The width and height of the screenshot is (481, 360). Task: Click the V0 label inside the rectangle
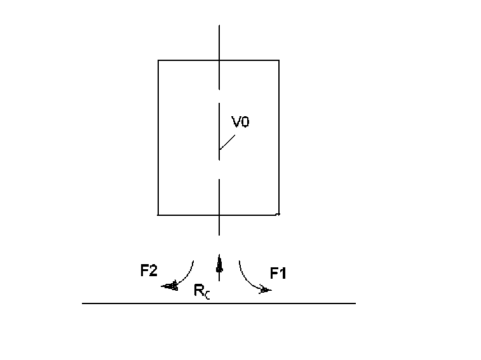240,123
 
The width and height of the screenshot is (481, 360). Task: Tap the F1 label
278,274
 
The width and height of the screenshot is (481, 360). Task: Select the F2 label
149,271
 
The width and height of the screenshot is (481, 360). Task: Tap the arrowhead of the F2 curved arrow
170,286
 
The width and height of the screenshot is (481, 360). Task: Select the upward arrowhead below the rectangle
219,262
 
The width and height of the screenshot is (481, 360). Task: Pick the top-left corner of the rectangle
158,60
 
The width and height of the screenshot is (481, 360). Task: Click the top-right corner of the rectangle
279,60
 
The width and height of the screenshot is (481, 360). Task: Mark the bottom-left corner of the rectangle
158,215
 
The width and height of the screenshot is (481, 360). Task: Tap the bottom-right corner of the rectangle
279,215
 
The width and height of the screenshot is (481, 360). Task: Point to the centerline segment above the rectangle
219,42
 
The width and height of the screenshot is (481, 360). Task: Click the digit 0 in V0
245,123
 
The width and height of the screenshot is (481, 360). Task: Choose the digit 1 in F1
283,274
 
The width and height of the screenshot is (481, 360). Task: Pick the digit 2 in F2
153,271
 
